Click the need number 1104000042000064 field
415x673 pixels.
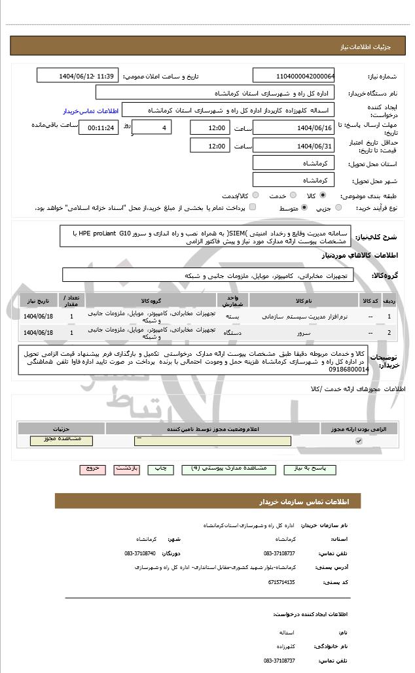click(x=293, y=77)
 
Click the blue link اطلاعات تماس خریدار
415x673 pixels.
click(x=84, y=111)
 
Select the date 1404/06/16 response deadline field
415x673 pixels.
click(x=293, y=128)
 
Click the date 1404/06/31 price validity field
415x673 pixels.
click(x=293, y=145)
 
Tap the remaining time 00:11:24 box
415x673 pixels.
click(x=98, y=128)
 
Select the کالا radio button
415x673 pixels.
click(x=323, y=196)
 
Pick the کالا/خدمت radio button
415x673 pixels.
click(x=255, y=196)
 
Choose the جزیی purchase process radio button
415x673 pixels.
click(x=338, y=208)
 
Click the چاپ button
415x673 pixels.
click(x=160, y=469)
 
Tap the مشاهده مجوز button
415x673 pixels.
click(x=61, y=440)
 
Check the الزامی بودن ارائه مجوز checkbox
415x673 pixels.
click(x=358, y=441)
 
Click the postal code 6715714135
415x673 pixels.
click(x=282, y=581)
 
